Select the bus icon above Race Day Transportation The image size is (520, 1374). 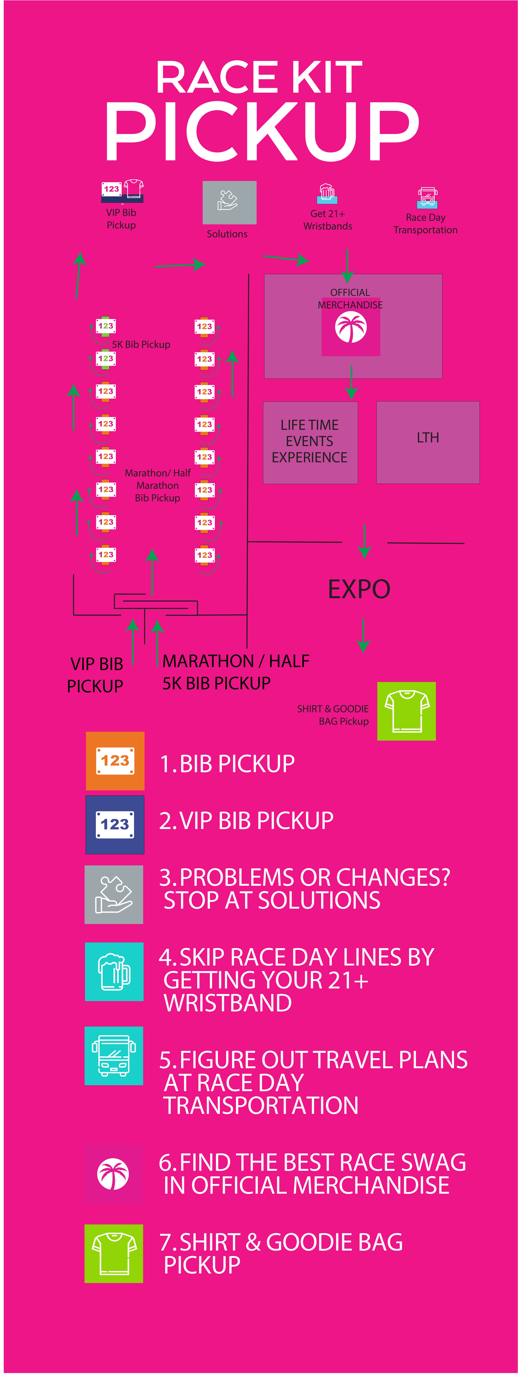[x=427, y=197]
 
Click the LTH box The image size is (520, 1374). [x=428, y=442]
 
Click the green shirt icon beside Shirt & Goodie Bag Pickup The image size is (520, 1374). [x=406, y=711]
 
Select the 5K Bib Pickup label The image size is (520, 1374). [x=141, y=345]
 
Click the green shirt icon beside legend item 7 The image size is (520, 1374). [x=114, y=1253]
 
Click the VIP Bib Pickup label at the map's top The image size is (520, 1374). [x=121, y=219]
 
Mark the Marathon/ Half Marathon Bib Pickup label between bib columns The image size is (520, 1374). [x=157, y=485]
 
